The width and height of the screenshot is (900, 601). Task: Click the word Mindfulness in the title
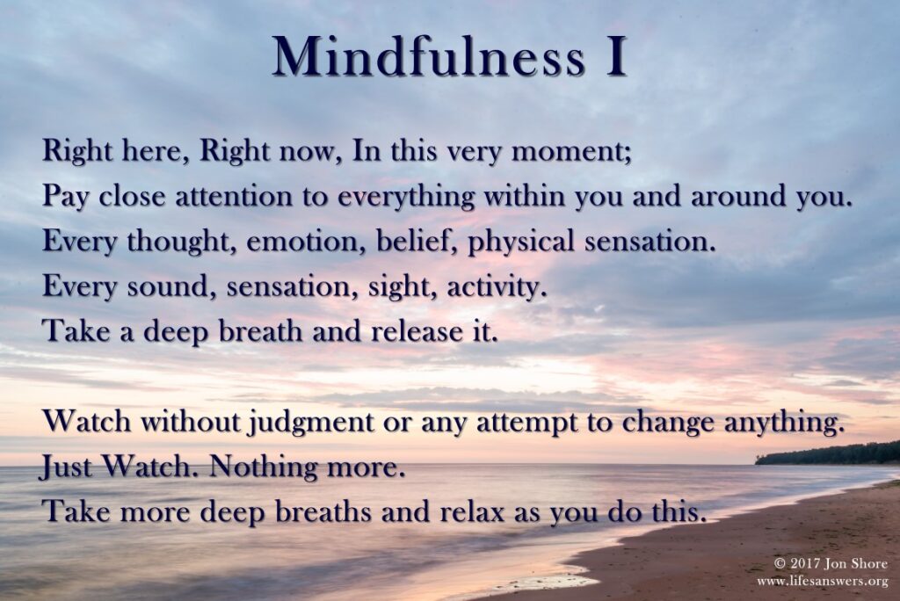coord(428,57)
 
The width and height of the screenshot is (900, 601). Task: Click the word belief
coord(417,241)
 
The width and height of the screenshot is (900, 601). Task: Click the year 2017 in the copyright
coord(807,563)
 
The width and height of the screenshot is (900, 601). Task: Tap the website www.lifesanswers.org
coord(823,582)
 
